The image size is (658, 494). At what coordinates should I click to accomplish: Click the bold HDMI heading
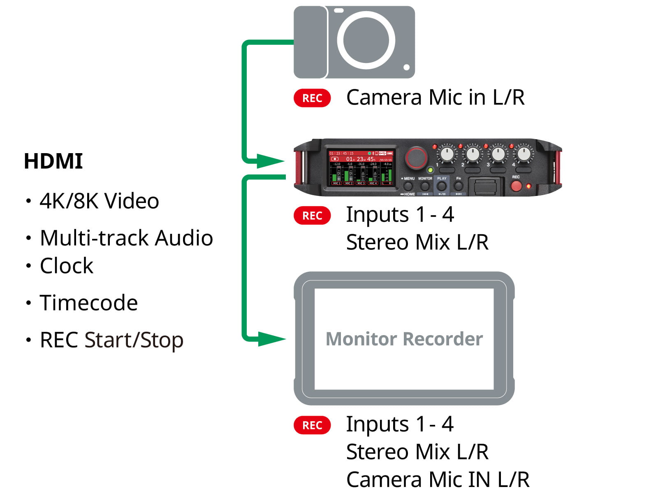[53, 161]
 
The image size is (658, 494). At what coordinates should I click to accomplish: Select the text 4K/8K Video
[99, 201]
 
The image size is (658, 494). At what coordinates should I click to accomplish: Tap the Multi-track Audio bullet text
[126, 238]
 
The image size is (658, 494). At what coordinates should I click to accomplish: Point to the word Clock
[67, 266]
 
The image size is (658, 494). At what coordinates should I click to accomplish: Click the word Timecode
[88, 303]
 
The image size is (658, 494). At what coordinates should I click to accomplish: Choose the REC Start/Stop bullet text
[111, 340]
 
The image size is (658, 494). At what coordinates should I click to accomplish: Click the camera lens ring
[366, 40]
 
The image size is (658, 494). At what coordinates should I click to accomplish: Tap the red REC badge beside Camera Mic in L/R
[312, 98]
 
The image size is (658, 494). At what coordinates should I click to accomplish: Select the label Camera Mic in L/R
[436, 98]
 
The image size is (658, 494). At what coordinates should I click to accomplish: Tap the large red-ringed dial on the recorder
[416, 157]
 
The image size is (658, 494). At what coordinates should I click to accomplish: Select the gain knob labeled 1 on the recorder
[447, 154]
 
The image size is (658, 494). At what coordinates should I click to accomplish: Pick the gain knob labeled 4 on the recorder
[524, 154]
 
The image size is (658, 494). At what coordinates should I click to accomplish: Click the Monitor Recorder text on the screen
[404, 339]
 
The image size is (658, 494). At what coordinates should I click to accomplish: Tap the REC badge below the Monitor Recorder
[312, 425]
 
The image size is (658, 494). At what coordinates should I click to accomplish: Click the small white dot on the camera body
[406, 67]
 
